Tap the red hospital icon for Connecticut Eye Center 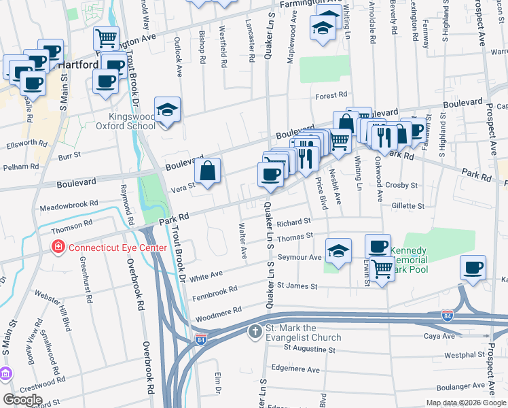(59, 248)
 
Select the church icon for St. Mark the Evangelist (254, 332)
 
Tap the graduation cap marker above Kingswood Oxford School (166, 109)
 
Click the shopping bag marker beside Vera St (209, 170)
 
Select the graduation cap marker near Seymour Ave (338, 250)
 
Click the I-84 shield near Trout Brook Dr (201, 338)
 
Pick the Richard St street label (293, 222)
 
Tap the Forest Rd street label (331, 96)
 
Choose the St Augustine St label (310, 348)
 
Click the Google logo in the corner (23, 400)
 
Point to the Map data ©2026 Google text (466, 403)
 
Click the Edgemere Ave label (295, 369)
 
